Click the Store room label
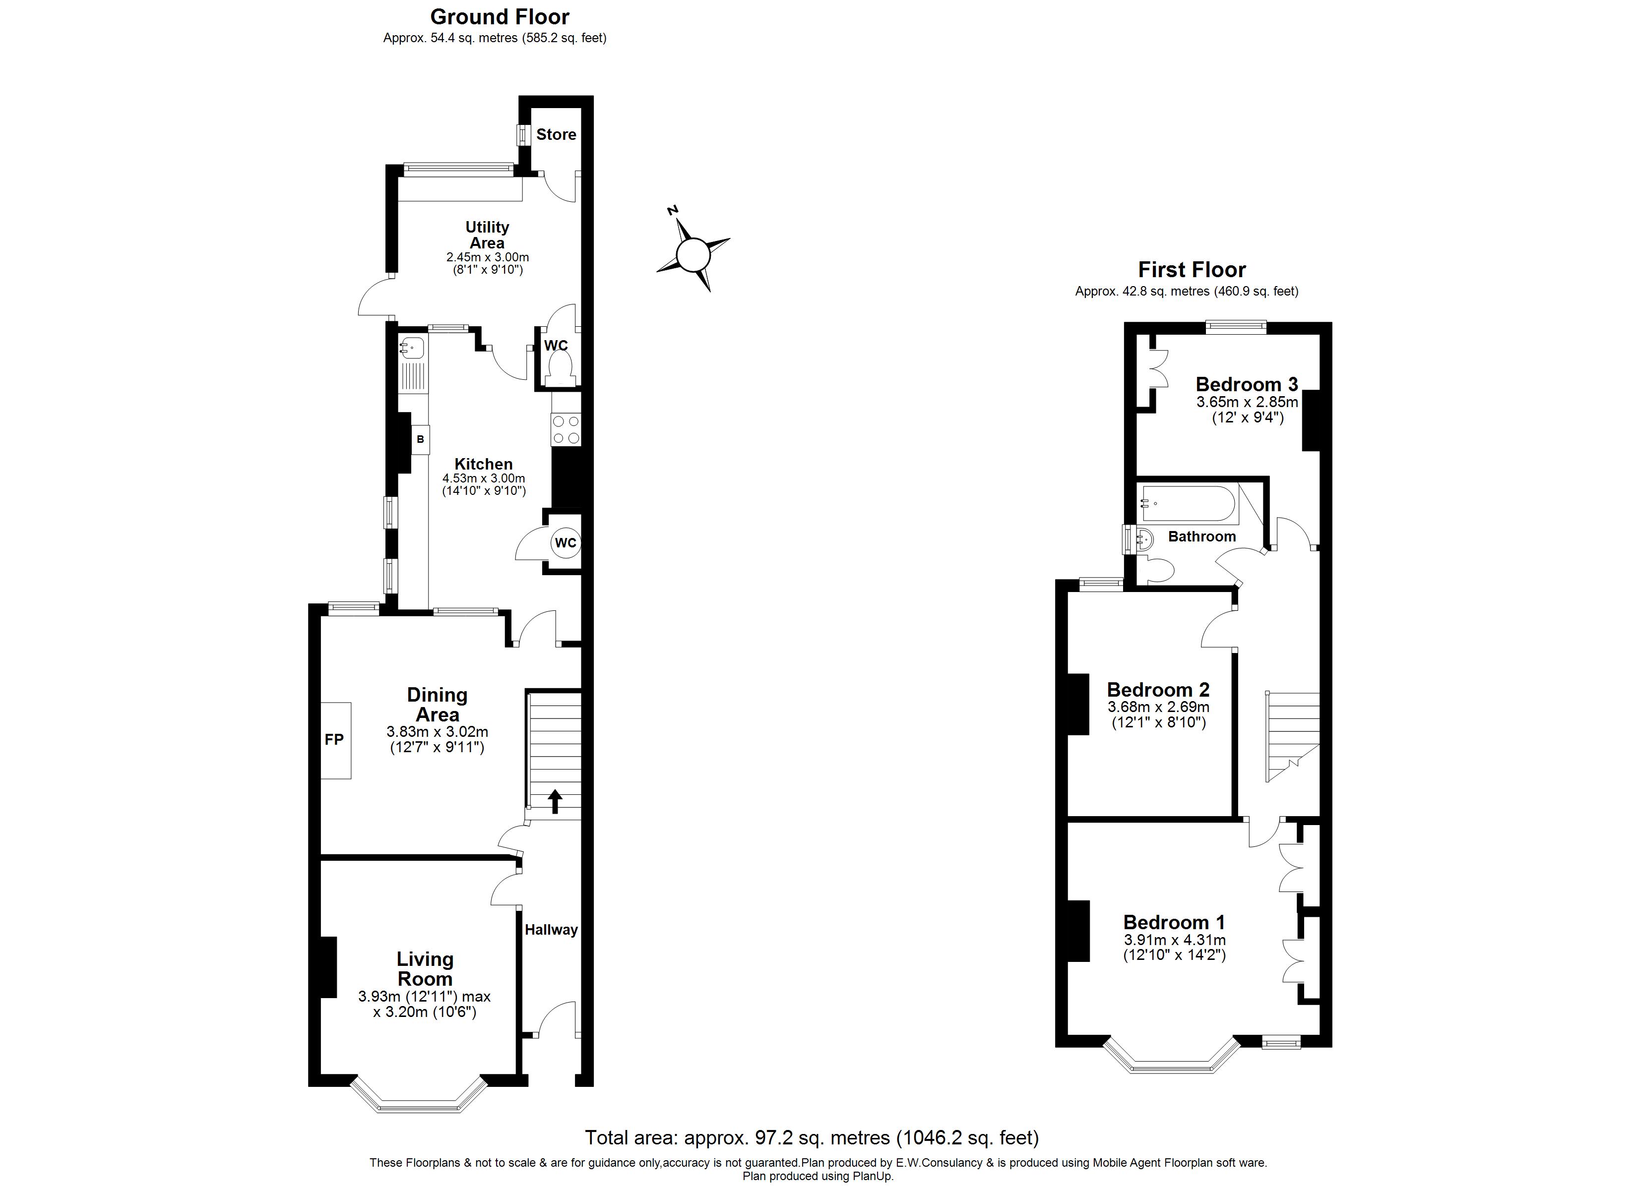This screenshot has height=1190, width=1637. coord(556,134)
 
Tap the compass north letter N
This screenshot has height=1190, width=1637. coord(673,210)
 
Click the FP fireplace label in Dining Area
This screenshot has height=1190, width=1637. coord(334,740)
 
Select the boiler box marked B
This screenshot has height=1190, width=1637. coord(421,439)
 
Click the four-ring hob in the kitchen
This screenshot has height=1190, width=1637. coord(565,429)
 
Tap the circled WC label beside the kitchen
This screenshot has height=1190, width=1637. coord(566,542)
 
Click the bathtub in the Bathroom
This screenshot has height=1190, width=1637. coord(1188,504)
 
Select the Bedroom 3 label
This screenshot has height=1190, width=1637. coord(1247,384)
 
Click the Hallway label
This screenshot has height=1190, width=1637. coord(551,930)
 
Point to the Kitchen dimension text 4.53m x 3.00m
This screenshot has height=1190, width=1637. coord(484,478)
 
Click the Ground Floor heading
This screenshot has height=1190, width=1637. coord(500,16)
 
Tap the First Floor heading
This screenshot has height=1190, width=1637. coord(1192,270)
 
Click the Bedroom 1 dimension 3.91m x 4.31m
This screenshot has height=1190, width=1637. coord(1174,940)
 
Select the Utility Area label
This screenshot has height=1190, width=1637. coord(487,235)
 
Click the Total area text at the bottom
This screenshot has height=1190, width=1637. coord(811,1137)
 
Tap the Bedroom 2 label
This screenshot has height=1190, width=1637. coord(1158,690)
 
